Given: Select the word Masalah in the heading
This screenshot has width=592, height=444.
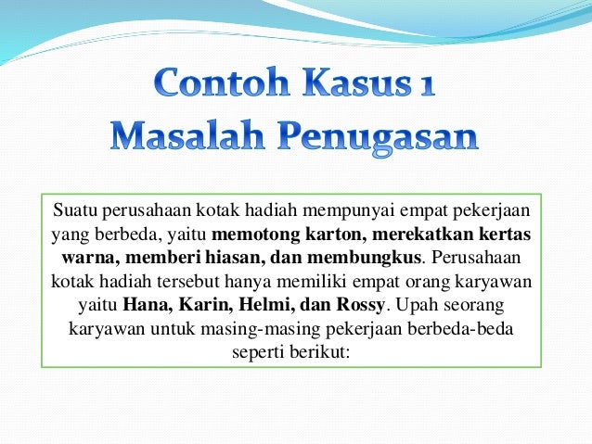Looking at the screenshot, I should coord(189,138).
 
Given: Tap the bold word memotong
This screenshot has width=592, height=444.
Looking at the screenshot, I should coord(252,230).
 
